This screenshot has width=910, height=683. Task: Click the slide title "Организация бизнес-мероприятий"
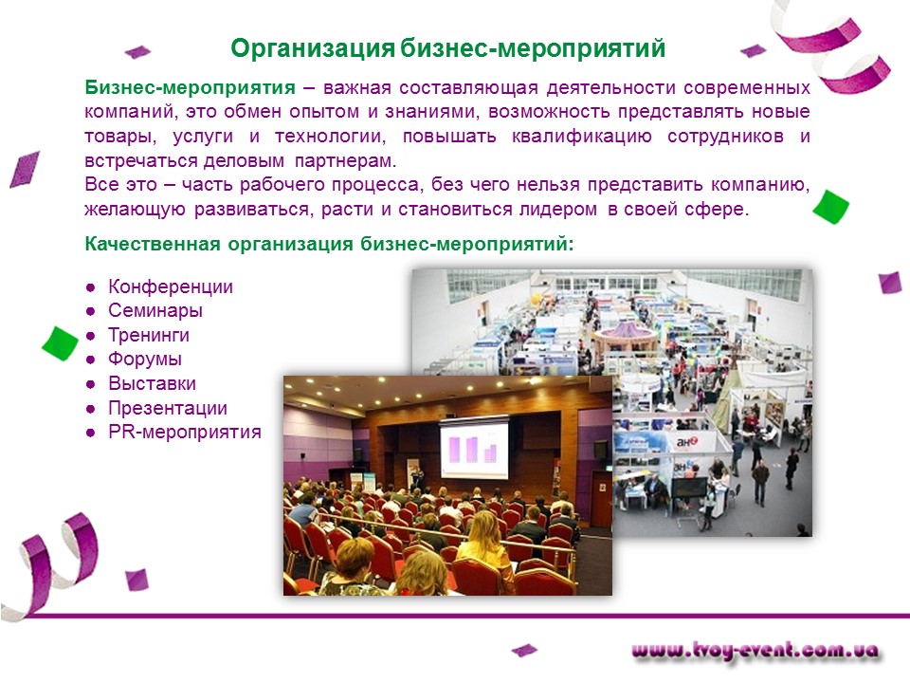pyautogui.click(x=447, y=48)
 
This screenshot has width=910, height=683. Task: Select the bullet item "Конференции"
pyautogui.click(x=171, y=286)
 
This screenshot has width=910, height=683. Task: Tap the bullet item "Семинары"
pyautogui.click(x=155, y=311)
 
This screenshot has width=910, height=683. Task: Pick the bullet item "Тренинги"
pyautogui.click(x=149, y=335)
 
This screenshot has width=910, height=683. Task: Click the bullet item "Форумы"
pyautogui.click(x=145, y=360)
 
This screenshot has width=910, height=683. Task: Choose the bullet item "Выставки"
pyautogui.click(x=152, y=384)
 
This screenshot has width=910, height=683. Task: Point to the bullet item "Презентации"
pyautogui.click(x=168, y=408)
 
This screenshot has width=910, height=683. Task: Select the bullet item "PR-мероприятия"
pyautogui.click(x=185, y=433)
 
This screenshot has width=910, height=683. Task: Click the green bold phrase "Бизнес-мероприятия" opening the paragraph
pyautogui.click(x=190, y=87)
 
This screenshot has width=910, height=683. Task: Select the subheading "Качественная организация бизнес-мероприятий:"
pyautogui.click(x=329, y=244)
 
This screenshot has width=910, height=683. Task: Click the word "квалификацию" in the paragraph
pyautogui.click(x=581, y=137)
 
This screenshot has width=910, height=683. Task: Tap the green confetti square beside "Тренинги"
pyautogui.click(x=61, y=343)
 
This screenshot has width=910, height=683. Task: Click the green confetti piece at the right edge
pyautogui.click(x=830, y=206)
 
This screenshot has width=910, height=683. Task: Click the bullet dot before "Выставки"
pyautogui.click(x=91, y=384)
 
